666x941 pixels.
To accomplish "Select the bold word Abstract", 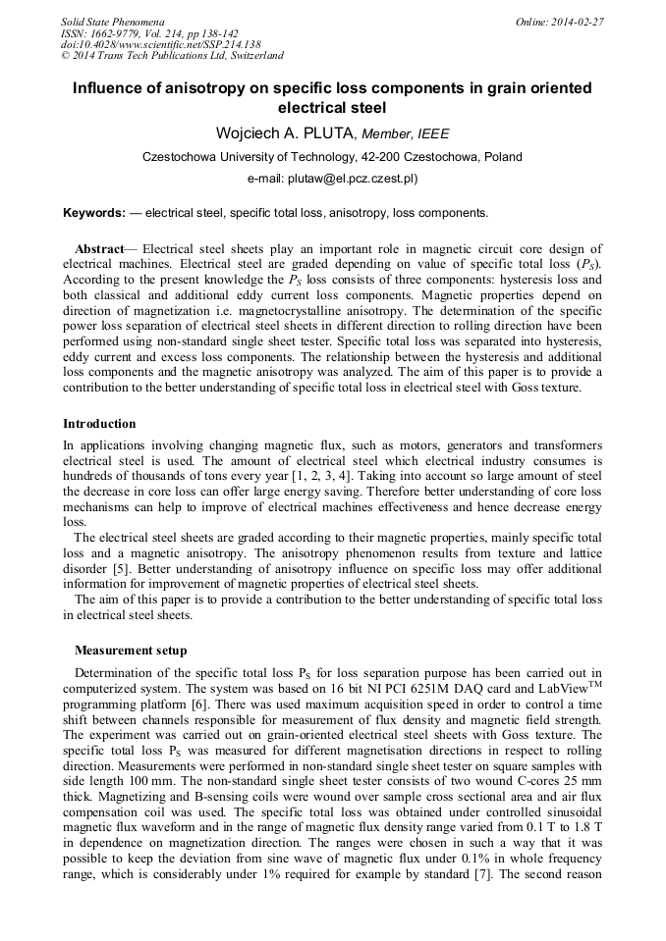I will click(x=99, y=249).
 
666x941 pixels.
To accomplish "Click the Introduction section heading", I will click(x=99, y=424).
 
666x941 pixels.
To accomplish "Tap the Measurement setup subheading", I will click(x=131, y=650).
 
